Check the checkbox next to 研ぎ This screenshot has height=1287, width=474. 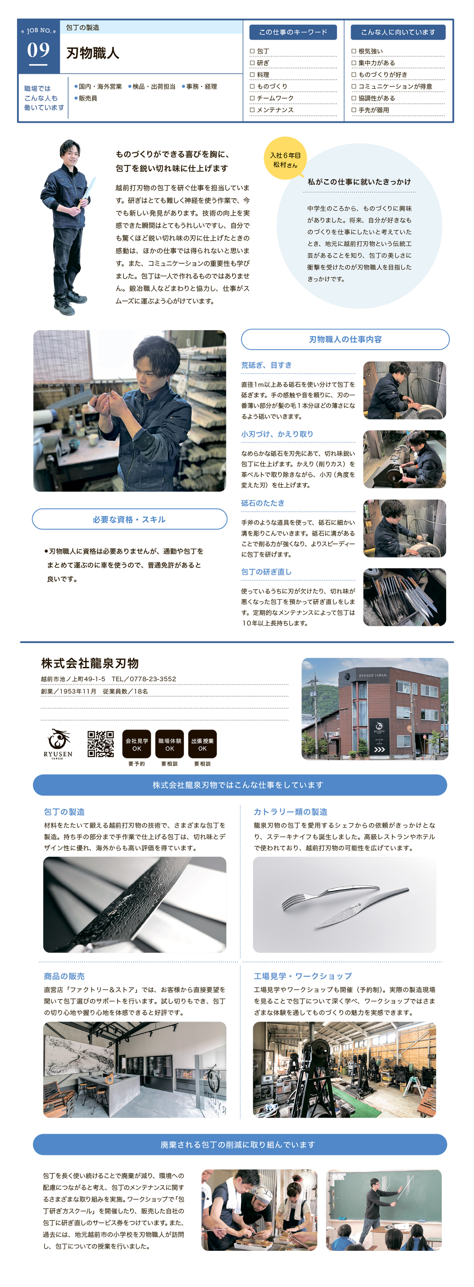(x=252, y=63)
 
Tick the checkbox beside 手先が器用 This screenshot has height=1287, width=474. (x=354, y=110)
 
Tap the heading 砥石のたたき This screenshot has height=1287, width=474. (x=263, y=503)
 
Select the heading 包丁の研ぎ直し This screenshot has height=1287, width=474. (x=266, y=572)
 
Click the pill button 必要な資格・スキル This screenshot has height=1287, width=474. (x=129, y=519)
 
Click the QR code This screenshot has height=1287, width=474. (x=101, y=744)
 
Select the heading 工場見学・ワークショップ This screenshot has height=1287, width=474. (x=303, y=976)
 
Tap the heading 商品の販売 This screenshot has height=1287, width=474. (x=64, y=976)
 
